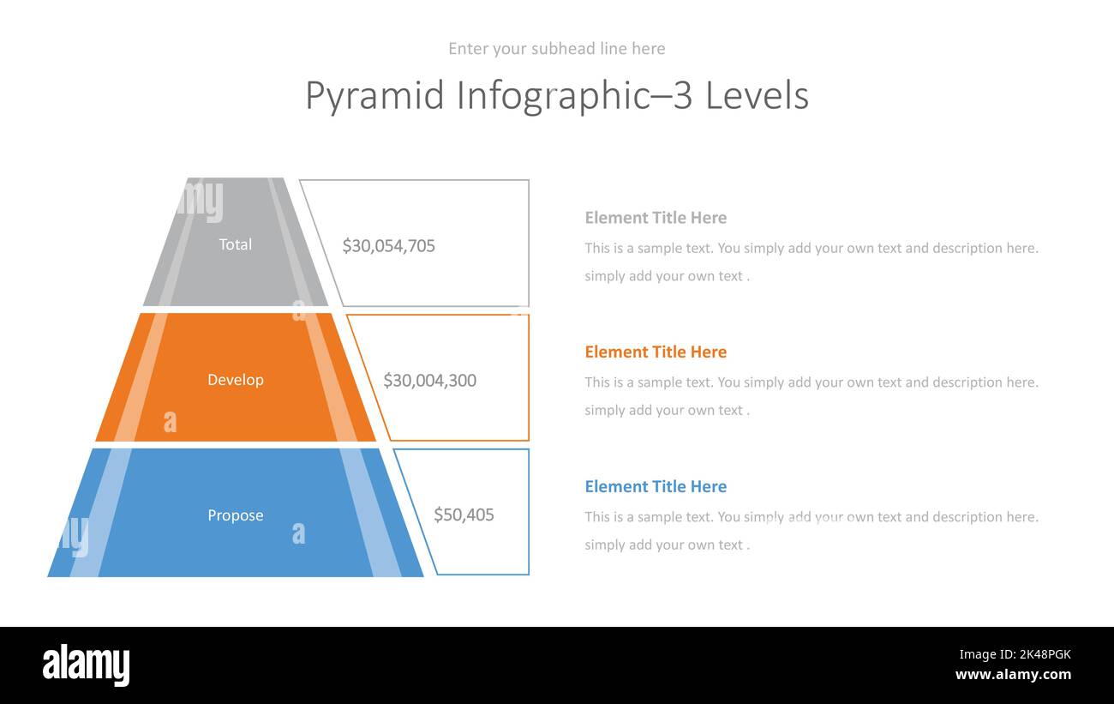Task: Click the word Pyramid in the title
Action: point(375,95)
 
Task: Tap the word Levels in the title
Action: point(757,95)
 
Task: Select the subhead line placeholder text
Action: point(556,49)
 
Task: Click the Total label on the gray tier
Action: point(235,244)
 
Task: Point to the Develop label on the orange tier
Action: point(235,379)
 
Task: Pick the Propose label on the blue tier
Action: point(235,514)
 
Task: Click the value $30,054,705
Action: point(388,246)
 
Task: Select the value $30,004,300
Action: point(429,380)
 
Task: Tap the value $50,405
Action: point(464,514)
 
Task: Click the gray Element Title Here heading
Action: point(656,218)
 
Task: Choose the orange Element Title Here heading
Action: point(656,352)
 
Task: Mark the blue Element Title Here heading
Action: point(656,486)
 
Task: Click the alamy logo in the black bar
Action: point(86,665)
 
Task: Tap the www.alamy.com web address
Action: point(1013,675)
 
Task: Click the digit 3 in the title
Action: point(683,95)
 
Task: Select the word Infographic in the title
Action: point(554,95)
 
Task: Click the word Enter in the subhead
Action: point(468,49)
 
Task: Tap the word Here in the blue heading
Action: point(708,486)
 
